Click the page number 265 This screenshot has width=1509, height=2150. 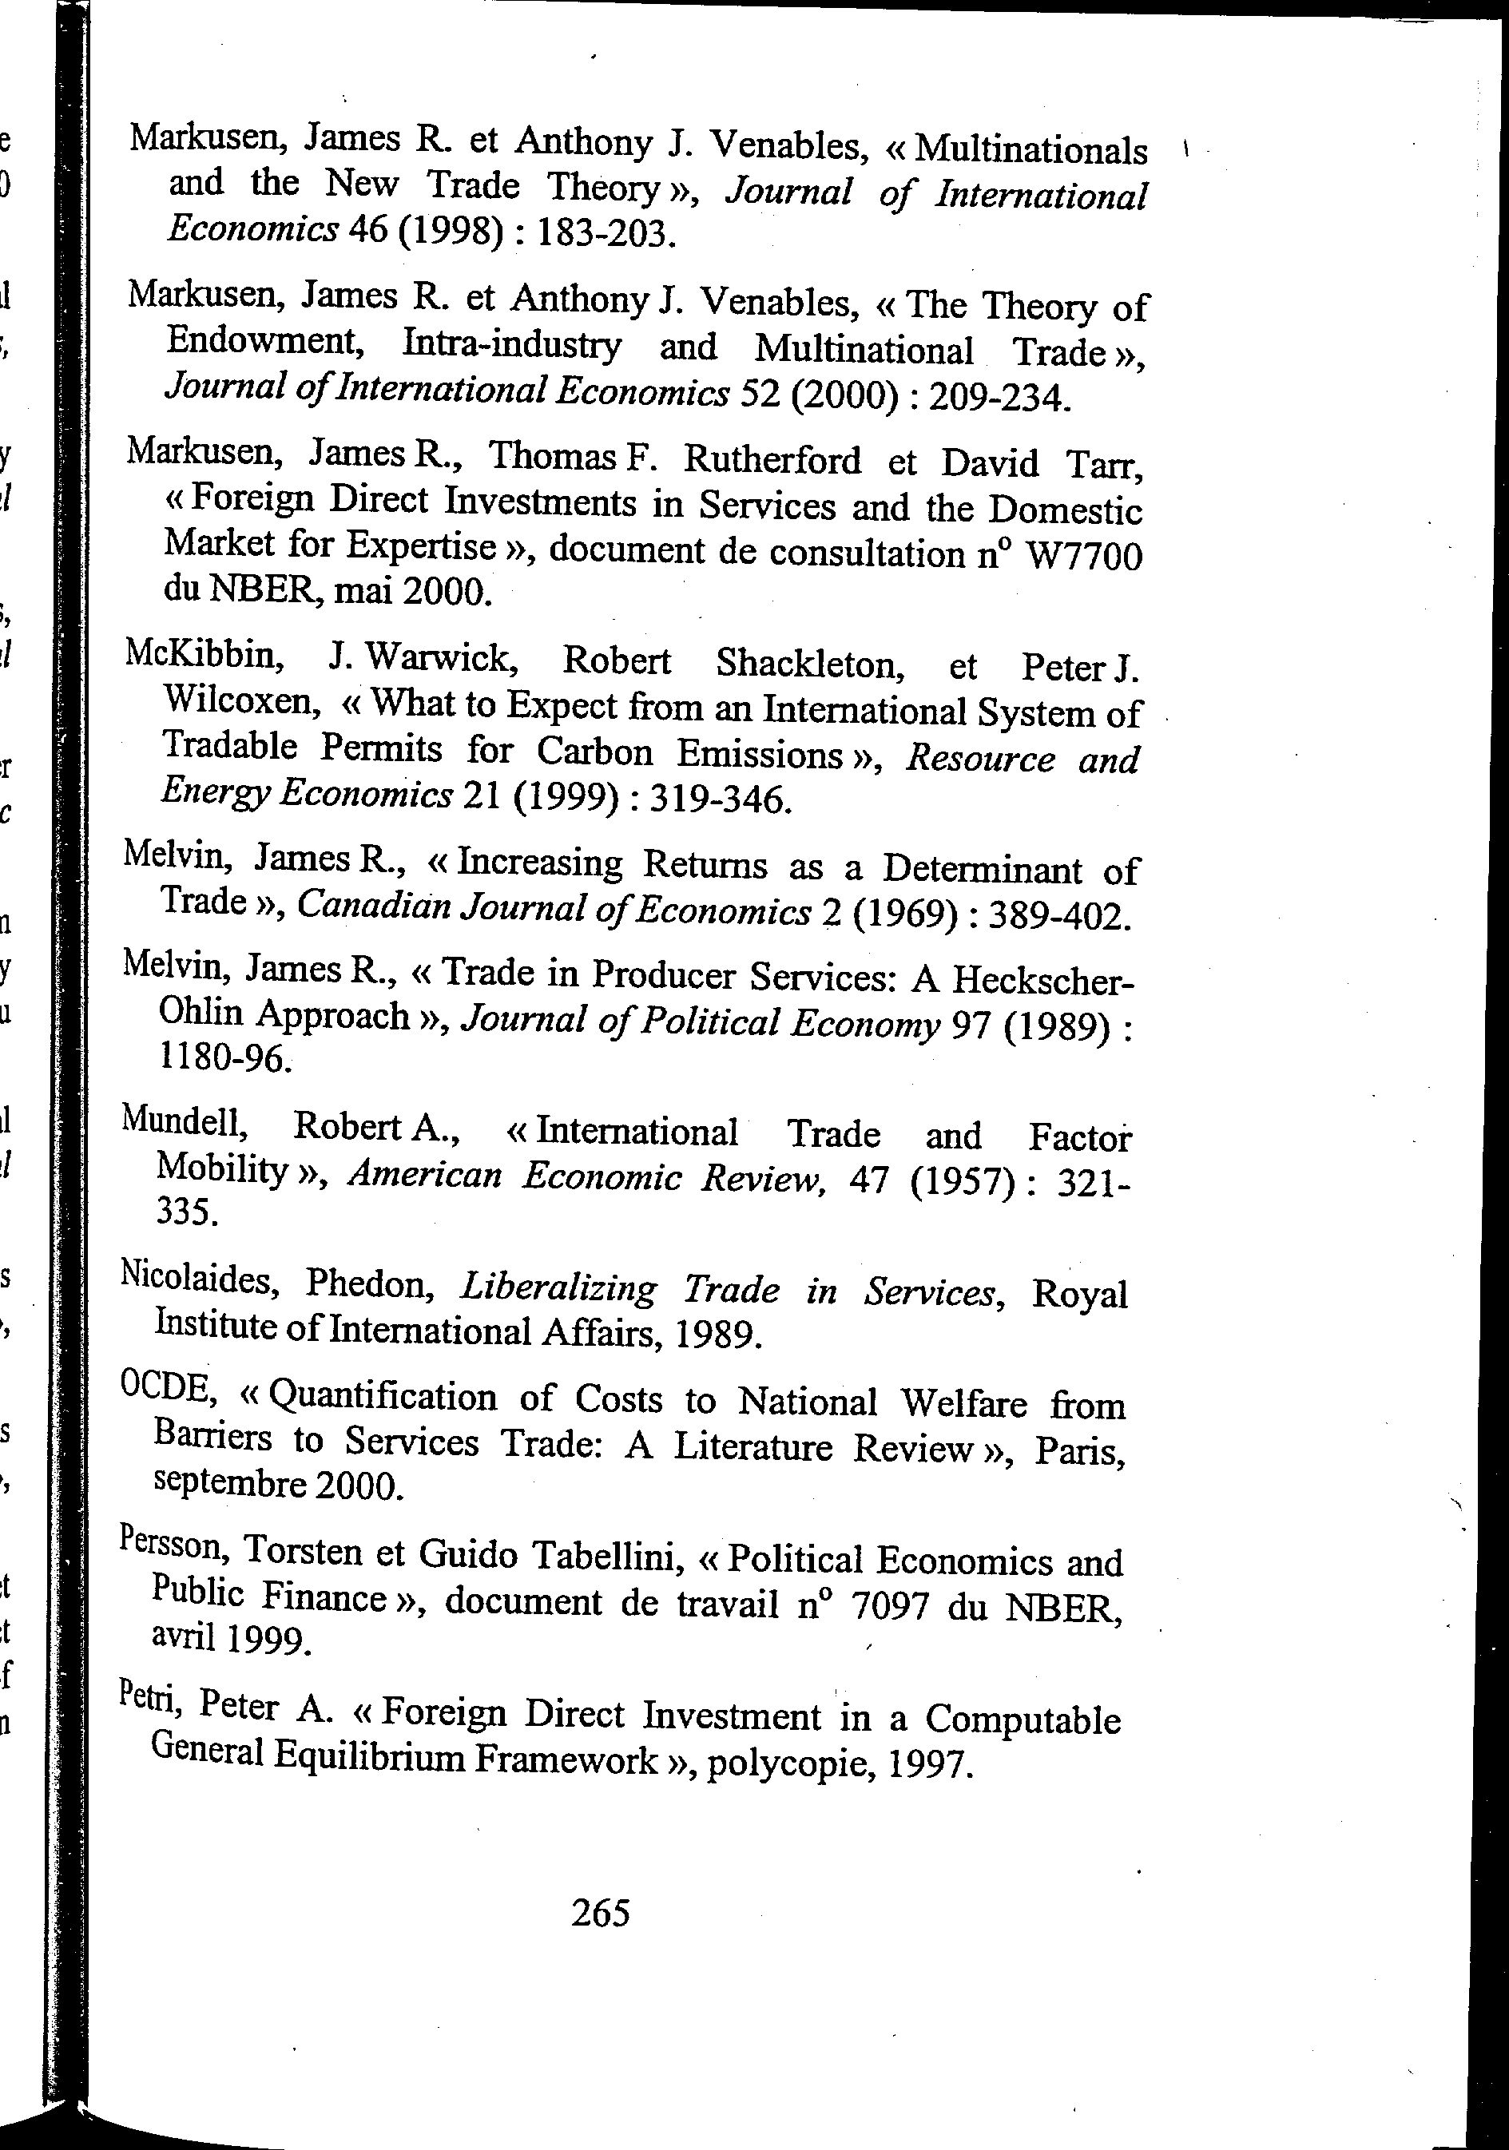pos(601,1911)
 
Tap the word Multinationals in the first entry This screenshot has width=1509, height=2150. pos(1030,150)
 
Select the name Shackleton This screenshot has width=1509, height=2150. pos(809,663)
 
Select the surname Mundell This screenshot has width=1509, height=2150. pos(184,1121)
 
